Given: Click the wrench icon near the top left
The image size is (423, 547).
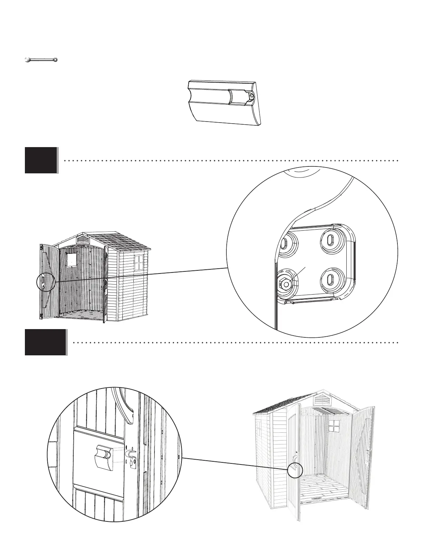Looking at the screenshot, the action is (41, 60).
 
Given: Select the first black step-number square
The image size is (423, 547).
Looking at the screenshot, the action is (41, 160).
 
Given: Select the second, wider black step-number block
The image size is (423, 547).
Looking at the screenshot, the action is (45, 342).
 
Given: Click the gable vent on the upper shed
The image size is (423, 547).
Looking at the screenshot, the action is (83, 239).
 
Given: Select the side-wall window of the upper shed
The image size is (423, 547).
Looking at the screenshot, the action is (138, 263).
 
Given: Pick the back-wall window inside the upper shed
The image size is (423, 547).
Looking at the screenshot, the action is (72, 259).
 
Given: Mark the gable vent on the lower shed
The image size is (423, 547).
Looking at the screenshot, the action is (322, 400).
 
